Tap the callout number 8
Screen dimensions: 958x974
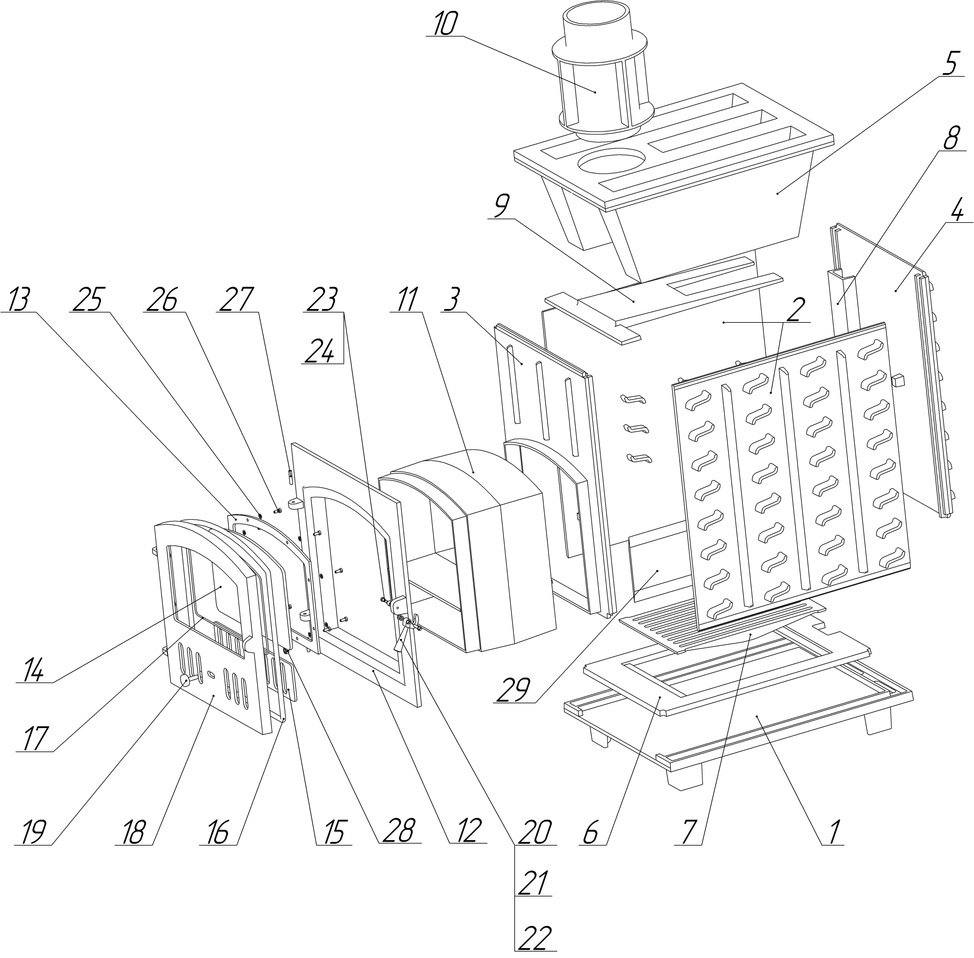pyautogui.click(x=950, y=138)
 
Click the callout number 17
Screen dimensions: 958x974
pyautogui.click(x=33, y=739)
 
